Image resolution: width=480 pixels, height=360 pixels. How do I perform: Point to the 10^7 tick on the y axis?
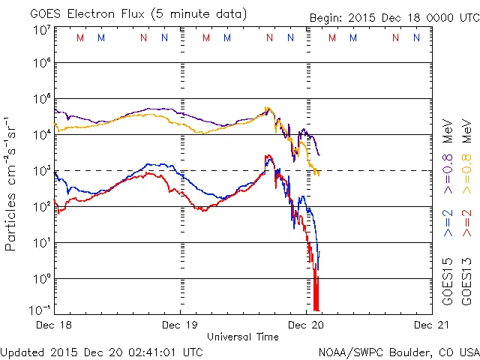[x=42, y=30]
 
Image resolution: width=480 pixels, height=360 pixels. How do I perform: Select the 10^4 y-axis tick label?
[x=42, y=134]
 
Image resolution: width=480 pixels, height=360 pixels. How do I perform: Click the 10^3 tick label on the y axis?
[x=42, y=170]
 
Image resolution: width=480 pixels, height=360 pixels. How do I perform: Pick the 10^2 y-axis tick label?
[x=42, y=206]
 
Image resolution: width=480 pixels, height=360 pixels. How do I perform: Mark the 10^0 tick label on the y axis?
[x=42, y=278]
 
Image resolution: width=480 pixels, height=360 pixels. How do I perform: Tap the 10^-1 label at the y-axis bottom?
[x=40, y=310]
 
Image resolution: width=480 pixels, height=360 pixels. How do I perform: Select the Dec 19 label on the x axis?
[x=181, y=325]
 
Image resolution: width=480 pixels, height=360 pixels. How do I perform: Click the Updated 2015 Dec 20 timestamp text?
[x=101, y=351]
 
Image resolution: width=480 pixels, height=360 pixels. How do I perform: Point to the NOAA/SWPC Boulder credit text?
[x=398, y=351]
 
